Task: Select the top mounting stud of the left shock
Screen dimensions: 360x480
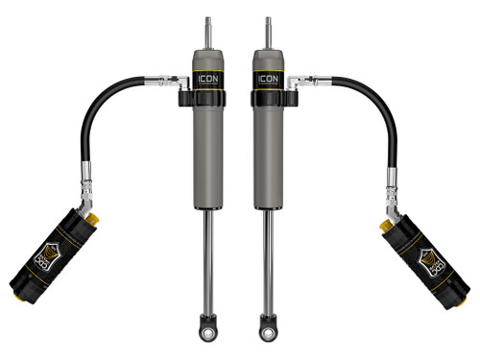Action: pos(208,29)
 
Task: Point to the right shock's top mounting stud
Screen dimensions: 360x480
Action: pos(268,29)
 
